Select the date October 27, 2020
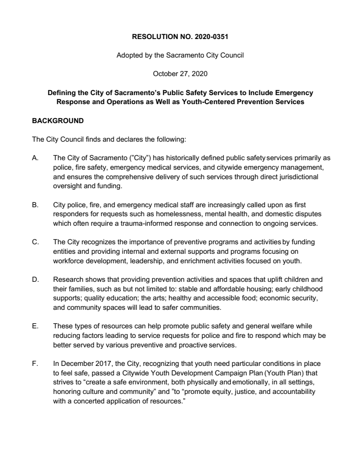pos(180,74)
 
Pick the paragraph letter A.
pos(34,158)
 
